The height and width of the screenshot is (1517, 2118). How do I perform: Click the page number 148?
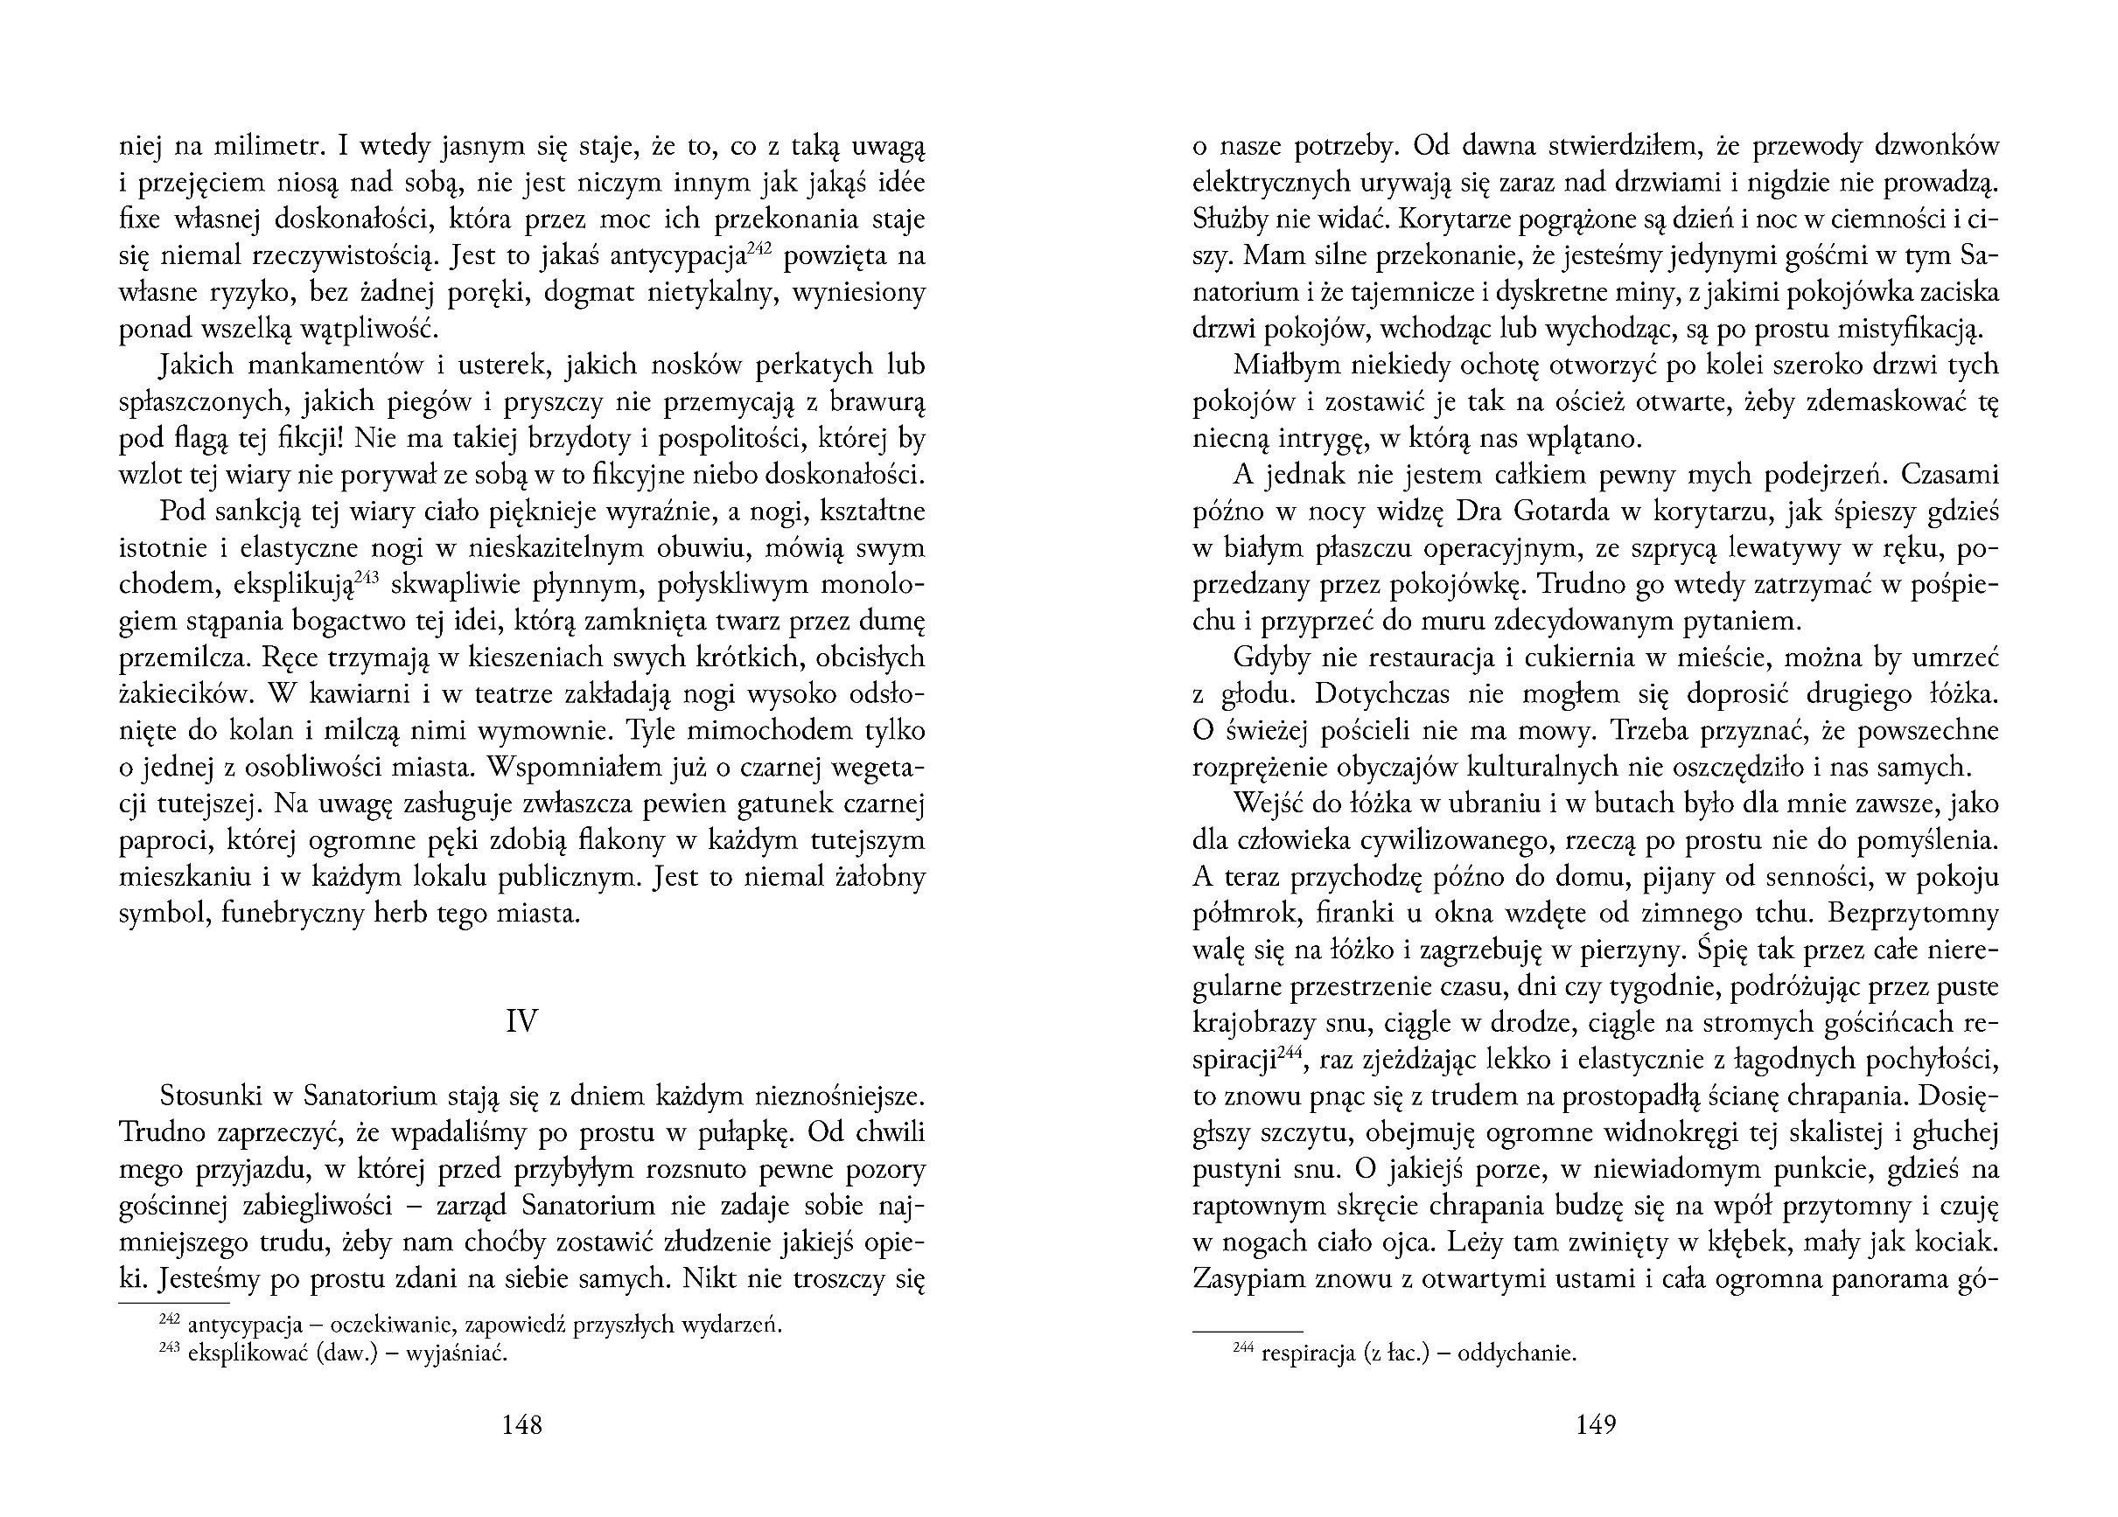[522, 1424]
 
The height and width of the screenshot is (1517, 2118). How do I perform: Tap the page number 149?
[1596, 1424]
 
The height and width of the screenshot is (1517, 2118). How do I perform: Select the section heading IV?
[522, 1022]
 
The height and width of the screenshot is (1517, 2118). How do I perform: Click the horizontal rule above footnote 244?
[1248, 1330]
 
